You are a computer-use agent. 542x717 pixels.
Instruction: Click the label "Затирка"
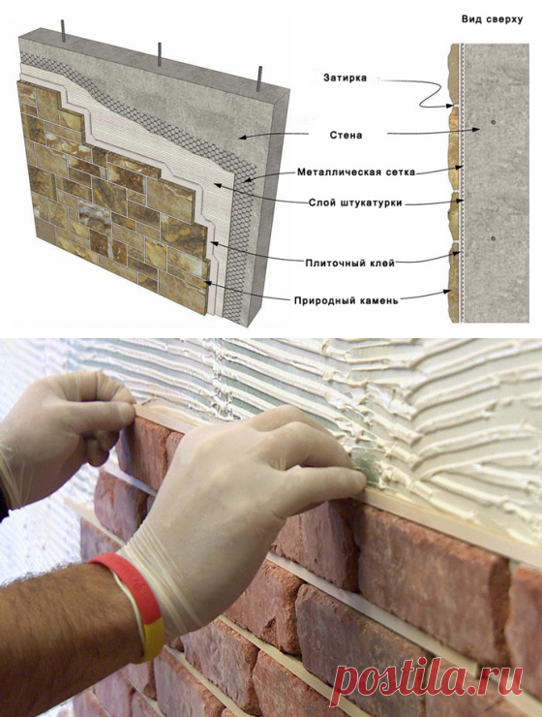(345, 78)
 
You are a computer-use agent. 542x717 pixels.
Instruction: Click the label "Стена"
(346, 136)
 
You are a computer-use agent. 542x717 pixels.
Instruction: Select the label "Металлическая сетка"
(356, 172)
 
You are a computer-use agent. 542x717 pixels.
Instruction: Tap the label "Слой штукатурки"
(355, 203)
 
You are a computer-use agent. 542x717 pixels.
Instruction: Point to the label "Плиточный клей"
(349, 263)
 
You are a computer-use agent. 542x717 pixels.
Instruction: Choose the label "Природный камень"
(346, 300)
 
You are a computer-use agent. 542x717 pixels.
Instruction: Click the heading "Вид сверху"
(492, 19)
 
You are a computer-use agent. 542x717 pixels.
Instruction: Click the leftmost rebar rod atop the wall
(64, 31)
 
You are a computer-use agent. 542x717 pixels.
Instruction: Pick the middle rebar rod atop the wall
(160, 54)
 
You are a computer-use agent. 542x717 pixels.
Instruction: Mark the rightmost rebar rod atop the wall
(260, 79)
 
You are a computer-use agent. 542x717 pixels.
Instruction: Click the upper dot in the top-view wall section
(493, 122)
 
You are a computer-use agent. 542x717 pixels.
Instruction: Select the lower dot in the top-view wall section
(493, 238)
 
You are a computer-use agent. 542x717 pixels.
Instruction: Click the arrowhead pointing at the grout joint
(451, 106)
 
